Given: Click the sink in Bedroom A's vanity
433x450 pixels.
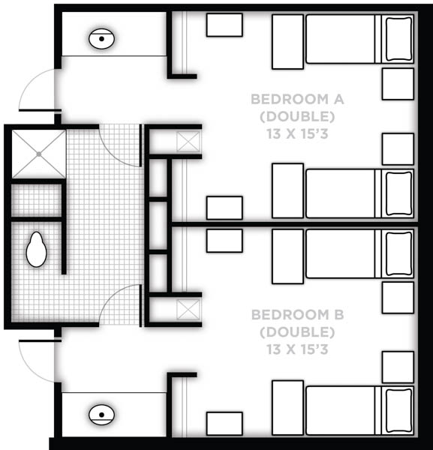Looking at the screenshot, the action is click(x=101, y=39).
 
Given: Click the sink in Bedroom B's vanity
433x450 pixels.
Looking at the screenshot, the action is click(x=101, y=415).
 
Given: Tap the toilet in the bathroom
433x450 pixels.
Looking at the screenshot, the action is click(x=36, y=250).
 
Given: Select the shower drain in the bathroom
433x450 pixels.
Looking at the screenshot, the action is click(x=39, y=154).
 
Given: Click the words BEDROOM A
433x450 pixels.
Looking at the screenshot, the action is click(x=297, y=99).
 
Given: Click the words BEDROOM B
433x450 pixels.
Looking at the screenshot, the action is click(x=297, y=315).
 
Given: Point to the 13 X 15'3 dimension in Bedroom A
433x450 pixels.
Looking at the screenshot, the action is click(x=297, y=133).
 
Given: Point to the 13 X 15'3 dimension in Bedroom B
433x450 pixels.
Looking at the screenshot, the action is click(x=297, y=349).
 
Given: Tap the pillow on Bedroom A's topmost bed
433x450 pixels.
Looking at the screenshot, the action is click(x=398, y=39).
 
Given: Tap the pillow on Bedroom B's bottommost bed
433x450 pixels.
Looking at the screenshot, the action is click(x=398, y=410).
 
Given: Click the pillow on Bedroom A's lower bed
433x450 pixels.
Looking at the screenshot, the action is click(x=398, y=193).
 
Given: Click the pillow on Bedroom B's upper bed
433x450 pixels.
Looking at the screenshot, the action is click(x=398, y=253).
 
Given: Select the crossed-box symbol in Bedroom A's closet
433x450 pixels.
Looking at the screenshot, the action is click(x=188, y=142).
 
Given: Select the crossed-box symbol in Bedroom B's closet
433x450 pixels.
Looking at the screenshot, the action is click(x=188, y=309).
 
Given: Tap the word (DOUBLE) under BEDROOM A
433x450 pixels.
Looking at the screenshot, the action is click(x=297, y=116).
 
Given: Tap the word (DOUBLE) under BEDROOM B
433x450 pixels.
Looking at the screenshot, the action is click(x=297, y=332).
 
